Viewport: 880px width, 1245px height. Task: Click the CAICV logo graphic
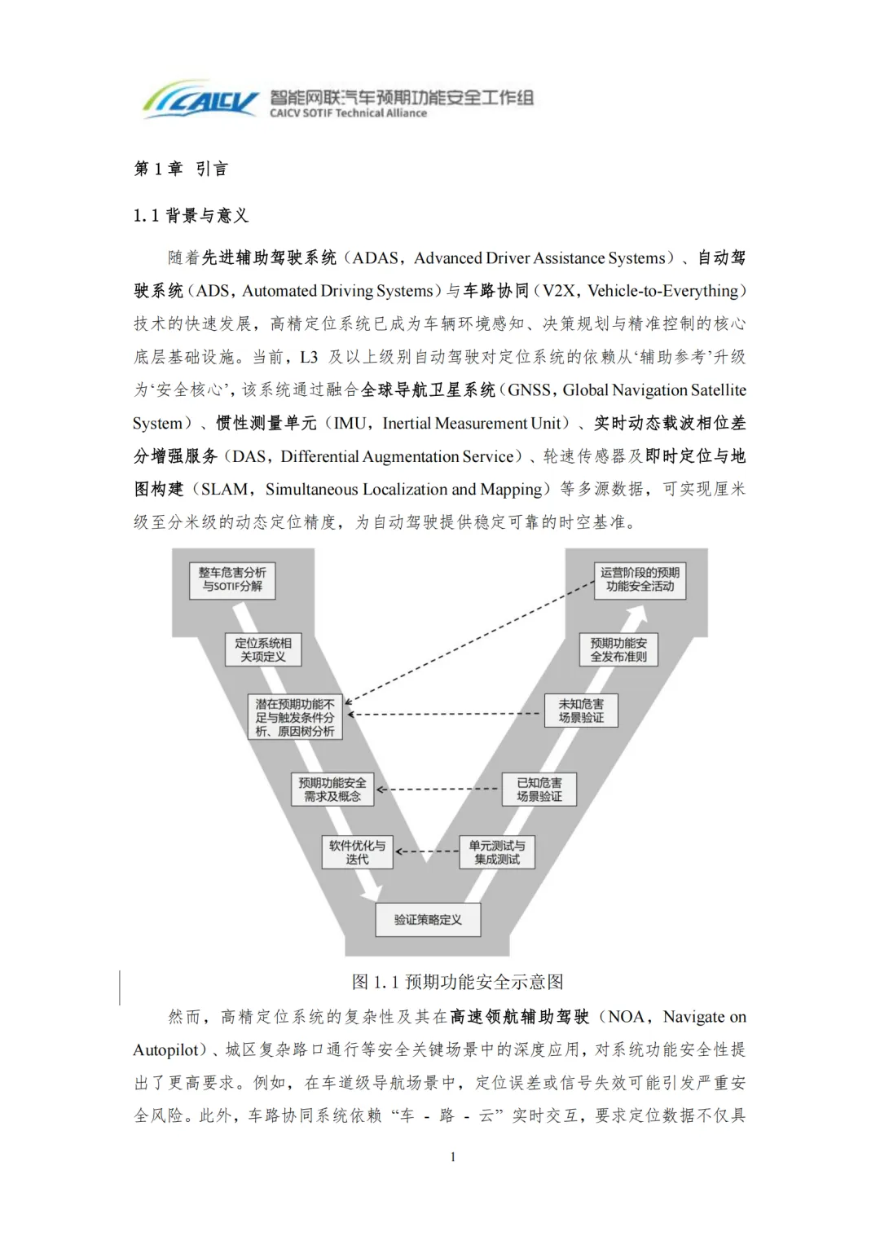[x=200, y=99]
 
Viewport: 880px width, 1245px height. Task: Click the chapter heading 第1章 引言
[x=181, y=169]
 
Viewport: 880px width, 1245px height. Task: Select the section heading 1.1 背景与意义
[x=191, y=216]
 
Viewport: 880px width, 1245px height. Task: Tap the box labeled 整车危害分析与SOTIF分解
[x=232, y=580]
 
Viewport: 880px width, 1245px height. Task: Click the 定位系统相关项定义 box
[x=262, y=649]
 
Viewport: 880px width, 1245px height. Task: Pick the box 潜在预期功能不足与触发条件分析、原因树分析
[x=295, y=717]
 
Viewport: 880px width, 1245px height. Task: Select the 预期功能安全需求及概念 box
[x=332, y=789]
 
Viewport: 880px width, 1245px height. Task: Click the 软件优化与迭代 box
[x=357, y=852]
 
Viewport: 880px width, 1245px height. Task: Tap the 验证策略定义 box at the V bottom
[x=428, y=920]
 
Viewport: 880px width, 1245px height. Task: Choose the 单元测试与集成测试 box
[x=497, y=852]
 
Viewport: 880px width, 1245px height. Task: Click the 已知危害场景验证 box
[x=539, y=789]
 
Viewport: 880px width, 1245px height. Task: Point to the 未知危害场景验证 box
[x=581, y=710]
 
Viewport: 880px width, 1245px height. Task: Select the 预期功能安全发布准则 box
[x=618, y=649]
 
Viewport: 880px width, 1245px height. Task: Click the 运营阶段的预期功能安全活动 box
[x=640, y=580]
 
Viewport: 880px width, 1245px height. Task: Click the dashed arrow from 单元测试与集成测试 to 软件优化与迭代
[x=427, y=851]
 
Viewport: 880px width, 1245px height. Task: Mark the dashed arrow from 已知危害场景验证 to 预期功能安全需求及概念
[x=438, y=789]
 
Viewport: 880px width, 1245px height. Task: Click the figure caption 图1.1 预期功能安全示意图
[x=457, y=982]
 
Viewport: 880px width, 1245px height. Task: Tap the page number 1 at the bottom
[x=453, y=1157]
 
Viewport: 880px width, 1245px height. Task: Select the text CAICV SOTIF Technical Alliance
[x=348, y=113]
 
